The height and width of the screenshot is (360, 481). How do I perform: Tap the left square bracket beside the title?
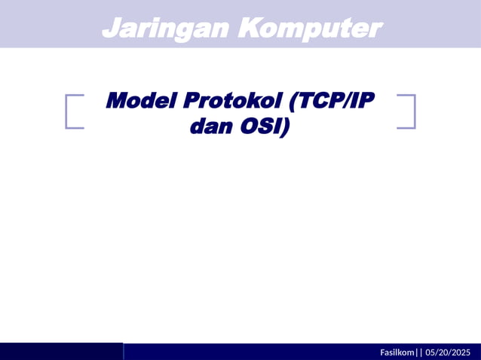73,111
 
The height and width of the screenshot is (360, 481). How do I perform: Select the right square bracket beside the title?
407,111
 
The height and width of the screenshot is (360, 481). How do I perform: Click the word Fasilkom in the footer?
397,352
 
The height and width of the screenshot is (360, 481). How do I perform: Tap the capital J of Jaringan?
110,28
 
